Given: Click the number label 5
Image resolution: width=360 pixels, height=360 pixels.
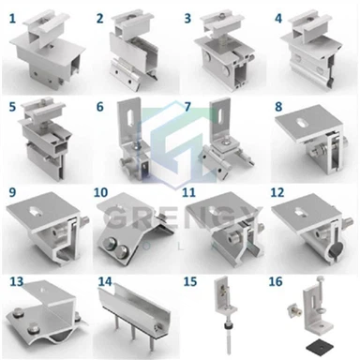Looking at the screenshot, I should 12,106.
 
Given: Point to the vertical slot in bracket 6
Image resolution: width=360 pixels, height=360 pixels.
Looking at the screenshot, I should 127,119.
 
